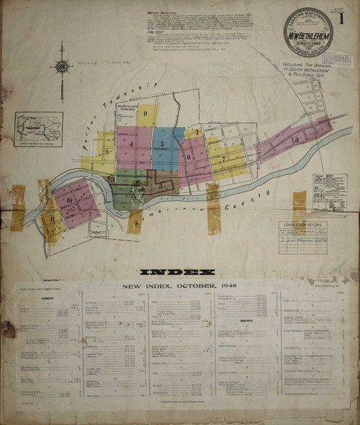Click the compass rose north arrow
(62, 67)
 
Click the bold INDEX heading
(177, 272)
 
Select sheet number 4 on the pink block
(131, 143)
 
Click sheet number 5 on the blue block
(163, 144)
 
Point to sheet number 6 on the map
(189, 156)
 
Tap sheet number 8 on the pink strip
(297, 140)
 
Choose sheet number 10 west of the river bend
(70, 200)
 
